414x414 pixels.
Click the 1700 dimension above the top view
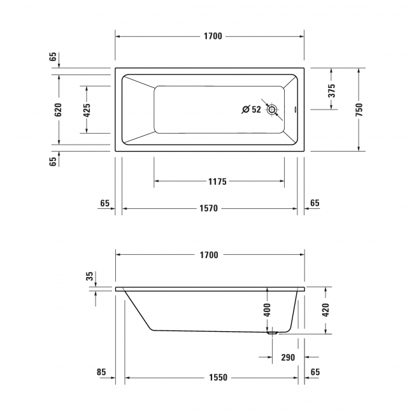point(213,36)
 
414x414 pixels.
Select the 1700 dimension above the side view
point(209,255)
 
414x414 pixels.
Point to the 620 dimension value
point(58,110)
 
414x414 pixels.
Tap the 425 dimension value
point(87,110)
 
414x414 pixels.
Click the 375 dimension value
point(331,90)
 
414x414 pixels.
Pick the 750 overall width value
point(359,110)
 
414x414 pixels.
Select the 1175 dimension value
point(217,182)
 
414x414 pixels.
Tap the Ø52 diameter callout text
point(252,110)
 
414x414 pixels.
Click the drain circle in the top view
point(273,110)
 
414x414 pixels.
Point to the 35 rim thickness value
point(90,276)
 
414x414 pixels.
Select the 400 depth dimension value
point(268,310)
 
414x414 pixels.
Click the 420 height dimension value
point(326,310)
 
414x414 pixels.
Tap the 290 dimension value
point(288,357)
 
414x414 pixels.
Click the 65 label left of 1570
point(105,204)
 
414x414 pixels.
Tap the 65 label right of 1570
point(315,204)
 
